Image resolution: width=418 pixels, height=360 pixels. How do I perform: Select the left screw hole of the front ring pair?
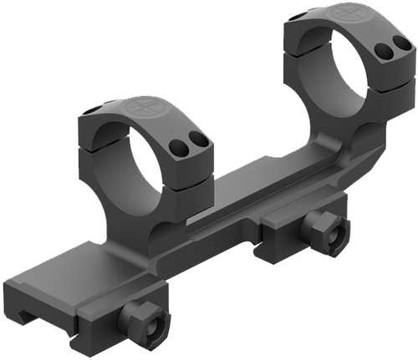[177, 149]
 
